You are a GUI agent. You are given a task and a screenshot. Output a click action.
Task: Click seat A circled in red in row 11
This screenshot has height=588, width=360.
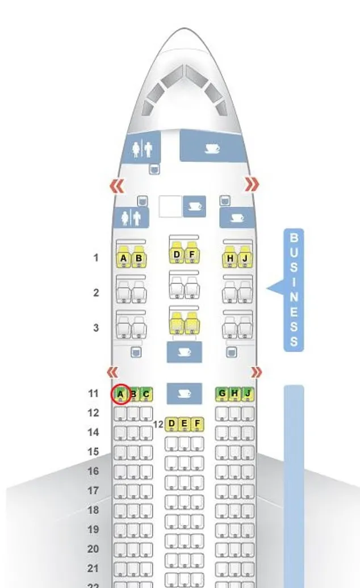120,394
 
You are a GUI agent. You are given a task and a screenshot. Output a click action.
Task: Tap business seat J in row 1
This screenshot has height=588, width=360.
245,257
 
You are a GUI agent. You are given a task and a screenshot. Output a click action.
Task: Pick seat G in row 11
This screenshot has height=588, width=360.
222,394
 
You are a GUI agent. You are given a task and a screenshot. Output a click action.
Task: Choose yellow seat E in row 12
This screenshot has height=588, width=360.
184,424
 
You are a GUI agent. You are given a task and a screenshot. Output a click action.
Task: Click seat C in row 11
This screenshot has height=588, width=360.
146,394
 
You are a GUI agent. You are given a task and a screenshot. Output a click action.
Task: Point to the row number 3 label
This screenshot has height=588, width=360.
96,327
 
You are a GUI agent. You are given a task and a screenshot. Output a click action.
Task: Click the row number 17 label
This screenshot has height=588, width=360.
93,490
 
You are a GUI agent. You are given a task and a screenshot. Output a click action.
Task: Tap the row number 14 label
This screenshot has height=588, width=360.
93,432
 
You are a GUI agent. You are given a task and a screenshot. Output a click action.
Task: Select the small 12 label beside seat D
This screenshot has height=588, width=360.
158,425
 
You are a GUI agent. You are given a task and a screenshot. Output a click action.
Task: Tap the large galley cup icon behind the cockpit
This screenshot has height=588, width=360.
212,149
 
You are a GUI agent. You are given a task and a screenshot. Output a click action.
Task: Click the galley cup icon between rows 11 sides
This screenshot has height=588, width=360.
184,393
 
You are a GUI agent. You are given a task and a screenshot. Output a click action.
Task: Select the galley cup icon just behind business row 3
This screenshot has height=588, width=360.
184,352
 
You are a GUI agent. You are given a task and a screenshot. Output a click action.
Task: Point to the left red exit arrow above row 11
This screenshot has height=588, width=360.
112,372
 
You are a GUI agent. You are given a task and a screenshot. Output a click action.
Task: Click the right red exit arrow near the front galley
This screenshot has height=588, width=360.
252,184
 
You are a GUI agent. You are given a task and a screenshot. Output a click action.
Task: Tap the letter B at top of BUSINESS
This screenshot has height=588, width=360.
294,238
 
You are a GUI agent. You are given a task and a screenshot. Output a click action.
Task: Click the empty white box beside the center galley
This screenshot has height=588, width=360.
170,206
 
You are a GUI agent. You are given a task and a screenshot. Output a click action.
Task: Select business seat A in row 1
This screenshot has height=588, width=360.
123,257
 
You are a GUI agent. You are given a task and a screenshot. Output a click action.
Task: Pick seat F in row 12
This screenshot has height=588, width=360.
197,424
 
